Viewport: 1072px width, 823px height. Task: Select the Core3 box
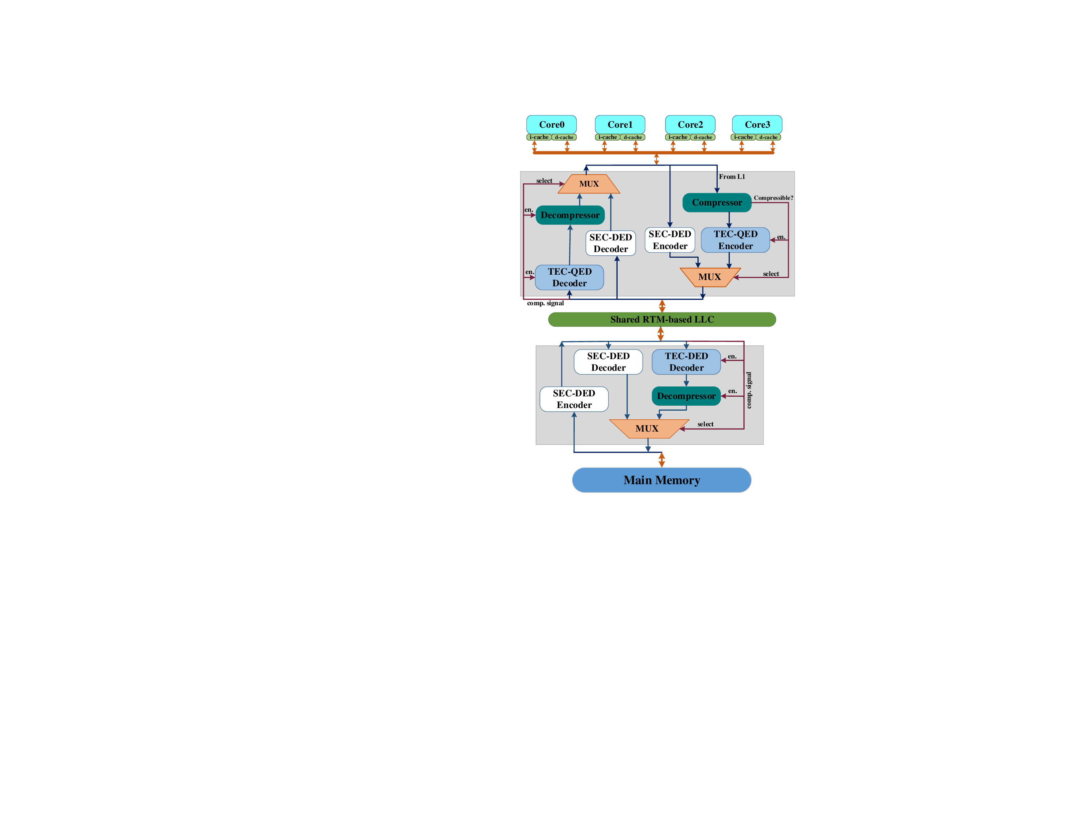(757, 124)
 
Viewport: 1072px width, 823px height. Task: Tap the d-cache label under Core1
(632, 137)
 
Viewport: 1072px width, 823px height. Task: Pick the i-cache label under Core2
(677, 137)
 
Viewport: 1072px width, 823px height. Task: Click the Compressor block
(716, 202)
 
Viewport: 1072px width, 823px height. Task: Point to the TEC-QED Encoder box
(735, 240)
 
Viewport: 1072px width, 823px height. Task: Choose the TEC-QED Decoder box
(569, 277)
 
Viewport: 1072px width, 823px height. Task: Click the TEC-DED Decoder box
(686, 361)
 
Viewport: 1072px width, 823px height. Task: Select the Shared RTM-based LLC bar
(661, 320)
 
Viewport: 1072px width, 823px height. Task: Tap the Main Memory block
(661, 480)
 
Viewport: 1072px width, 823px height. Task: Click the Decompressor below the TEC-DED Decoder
(686, 396)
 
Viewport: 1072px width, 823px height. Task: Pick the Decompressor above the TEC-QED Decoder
(569, 215)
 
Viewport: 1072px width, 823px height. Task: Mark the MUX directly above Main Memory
(647, 429)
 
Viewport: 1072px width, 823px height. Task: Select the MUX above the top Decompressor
(589, 184)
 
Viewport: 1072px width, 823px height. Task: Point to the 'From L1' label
(732, 177)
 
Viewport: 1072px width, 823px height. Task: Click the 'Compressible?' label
(773, 198)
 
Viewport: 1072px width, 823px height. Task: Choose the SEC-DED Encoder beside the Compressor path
(669, 240)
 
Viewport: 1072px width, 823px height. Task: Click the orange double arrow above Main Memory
(661, 460)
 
